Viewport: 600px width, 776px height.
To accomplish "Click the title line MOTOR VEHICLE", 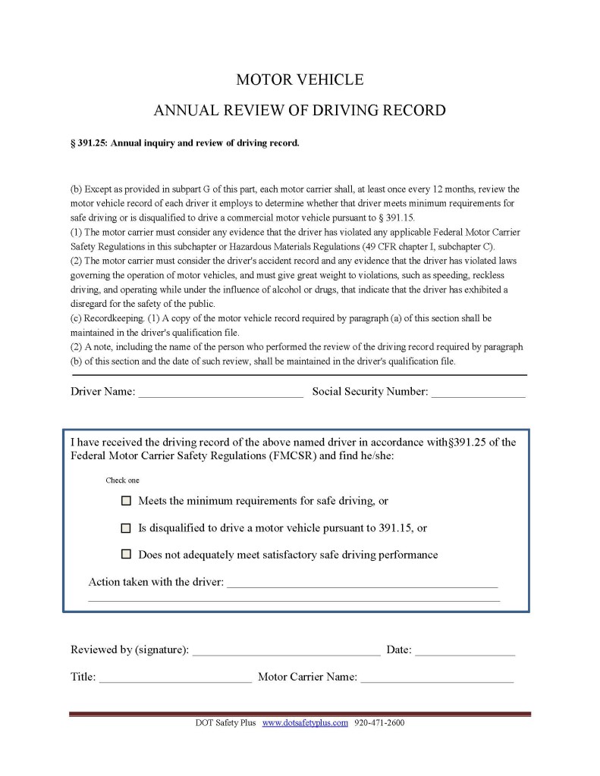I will [x=300, y=80].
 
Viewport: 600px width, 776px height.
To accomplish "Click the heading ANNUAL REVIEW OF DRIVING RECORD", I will [x=300, y=111].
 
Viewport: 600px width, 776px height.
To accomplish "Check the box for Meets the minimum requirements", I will [x=126, y=501].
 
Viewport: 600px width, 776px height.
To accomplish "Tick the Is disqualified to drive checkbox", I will [x=126, y=527].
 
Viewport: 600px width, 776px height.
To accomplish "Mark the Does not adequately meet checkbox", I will [x=126, y=554].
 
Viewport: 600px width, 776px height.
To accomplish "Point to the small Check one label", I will [x=122, y=480].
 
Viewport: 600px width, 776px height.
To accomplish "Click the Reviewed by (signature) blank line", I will [x=286, y=651].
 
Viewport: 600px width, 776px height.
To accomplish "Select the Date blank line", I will [x=464, y=651].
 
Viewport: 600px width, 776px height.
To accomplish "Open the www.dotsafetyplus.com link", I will [x=305, y=723].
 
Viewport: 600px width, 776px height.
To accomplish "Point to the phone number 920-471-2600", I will [x=379, y=723].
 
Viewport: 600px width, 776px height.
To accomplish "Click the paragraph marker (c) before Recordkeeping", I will [x=76, y=318].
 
